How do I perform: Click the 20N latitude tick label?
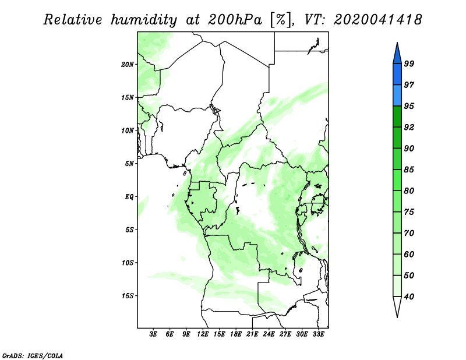[128, 65]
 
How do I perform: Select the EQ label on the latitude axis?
[129, 197]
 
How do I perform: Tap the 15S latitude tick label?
[128, 296]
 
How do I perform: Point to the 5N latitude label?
[129, 164]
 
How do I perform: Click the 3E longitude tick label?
[153, 334]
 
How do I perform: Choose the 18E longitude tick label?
[236, 334]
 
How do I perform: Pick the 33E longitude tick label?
[318, 334]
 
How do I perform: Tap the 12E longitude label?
[203, 334]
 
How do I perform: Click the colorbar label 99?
[409, 63]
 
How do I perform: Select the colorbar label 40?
[409, 297]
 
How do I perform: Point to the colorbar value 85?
[409, 170]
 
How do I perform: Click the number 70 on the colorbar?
[409, 233]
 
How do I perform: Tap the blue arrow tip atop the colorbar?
[397, 43]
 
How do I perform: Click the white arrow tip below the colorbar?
[397, 317]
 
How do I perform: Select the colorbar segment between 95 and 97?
[397, 96]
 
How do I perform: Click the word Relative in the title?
[73, 20]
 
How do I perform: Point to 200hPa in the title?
[235, 20]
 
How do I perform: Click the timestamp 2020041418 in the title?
[377, 20]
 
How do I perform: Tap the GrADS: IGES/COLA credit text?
[33, 355]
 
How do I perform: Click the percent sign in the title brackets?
[280, 20]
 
